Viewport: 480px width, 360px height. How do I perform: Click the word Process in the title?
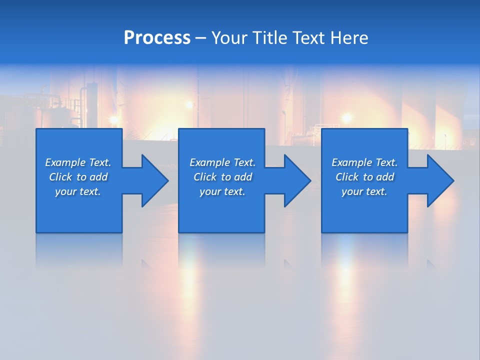tap(157, 38)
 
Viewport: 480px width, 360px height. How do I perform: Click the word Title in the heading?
tap(268, 38)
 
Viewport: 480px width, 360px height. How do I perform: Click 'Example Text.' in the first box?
tap(78, 162)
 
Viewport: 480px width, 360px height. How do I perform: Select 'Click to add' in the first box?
tap(78, 177)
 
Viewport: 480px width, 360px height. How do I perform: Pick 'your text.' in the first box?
tap(78, 191)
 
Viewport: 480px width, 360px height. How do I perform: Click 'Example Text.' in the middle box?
tap(222, 162)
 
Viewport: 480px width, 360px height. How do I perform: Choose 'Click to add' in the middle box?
tap(222, 177)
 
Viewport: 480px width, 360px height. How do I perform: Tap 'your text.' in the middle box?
tap(222, 191)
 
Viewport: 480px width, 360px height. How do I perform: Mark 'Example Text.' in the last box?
tap(364, 162)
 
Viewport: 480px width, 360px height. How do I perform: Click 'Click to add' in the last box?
tap(364, 177)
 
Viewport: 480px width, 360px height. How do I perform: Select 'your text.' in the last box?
tap(364, 191)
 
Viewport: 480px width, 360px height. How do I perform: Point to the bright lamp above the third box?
tap(346, 118)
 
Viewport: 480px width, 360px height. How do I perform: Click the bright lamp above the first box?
tap(114, 120)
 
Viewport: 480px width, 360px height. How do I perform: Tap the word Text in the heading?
tap(306, 38)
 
